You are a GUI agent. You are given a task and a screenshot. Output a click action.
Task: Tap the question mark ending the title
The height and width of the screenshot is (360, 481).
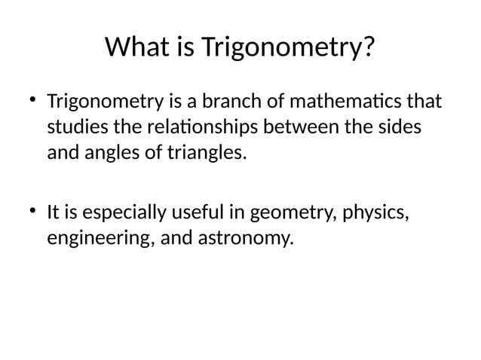coord(369,47)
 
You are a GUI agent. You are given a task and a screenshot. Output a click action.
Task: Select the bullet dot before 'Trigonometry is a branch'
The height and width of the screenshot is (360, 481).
coord(32,99)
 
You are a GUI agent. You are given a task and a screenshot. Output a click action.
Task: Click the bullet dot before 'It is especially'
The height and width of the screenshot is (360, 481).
coord(32,212)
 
